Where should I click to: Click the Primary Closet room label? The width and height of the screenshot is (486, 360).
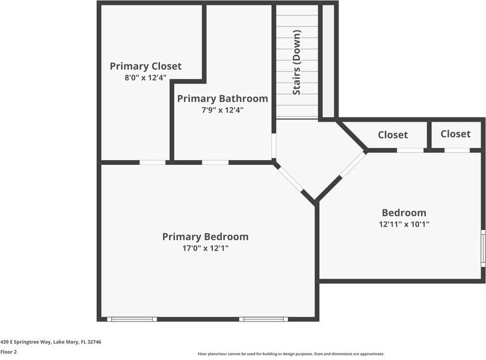coord(146,66)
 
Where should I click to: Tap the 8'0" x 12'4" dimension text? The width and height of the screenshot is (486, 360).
coord(145,78)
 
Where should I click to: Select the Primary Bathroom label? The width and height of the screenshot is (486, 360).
coord(222,99)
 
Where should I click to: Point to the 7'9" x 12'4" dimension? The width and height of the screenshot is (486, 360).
coord(222,110)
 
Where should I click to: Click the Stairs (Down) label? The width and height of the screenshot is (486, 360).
coord(297,70)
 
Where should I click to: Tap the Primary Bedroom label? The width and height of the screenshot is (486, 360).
coord(205,237)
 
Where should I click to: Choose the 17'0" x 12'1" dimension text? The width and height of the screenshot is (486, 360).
coord(205,248)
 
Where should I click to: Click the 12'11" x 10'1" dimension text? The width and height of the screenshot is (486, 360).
coord(404,224)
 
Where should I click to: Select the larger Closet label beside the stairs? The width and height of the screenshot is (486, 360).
coord(393,135)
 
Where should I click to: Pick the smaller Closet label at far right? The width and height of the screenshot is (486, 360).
coord(455,134)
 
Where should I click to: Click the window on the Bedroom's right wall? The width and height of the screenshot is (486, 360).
coord(482,248)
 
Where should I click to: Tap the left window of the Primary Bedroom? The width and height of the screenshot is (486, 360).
coord(132,319)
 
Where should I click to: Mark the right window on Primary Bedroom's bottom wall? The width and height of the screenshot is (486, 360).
coord(263,319)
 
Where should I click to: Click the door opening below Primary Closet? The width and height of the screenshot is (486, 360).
coord(153,162)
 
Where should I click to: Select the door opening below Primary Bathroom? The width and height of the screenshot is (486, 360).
coord(215,162)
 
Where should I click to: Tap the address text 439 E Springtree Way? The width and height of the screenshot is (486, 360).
coord(51,342)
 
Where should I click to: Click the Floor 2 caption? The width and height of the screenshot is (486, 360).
coord(9,352)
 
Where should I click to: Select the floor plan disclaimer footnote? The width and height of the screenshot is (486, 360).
coord(291,354)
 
